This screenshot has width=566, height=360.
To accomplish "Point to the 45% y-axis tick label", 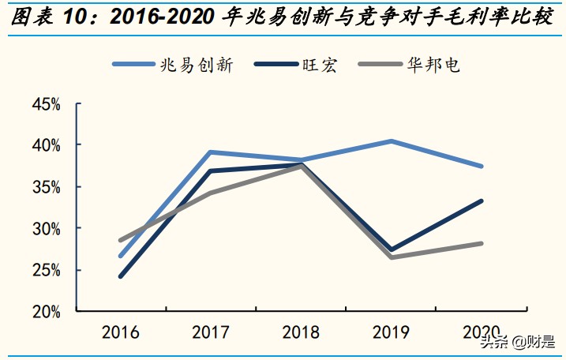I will [x=47, y=104].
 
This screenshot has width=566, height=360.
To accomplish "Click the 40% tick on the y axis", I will [x=47, y=145].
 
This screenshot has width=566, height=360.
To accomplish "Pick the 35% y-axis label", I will [x=47, y=187].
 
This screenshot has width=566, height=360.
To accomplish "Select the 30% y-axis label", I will [x=47, y=228].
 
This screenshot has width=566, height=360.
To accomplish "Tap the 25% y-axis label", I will [x=47, y=270].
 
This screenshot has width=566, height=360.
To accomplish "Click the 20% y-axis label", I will [x=47, y=311].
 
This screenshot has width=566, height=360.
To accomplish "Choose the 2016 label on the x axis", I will [x=120, y=332].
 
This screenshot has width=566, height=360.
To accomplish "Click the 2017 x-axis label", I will [x=211, y=332].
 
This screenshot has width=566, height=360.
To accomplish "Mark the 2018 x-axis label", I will [x=302, y=332].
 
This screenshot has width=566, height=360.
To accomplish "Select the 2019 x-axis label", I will [x=392, y=332].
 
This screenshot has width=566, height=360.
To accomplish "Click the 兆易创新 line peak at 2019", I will [x=392, y=141].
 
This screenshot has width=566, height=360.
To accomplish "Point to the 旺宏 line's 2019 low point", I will [x=392, y=249].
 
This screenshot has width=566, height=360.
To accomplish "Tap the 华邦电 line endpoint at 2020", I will [x=482, y=243].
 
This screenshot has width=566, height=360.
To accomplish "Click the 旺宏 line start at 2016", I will [x=121, y=276].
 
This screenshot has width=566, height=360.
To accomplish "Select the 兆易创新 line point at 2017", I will [x=211, y=152].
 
